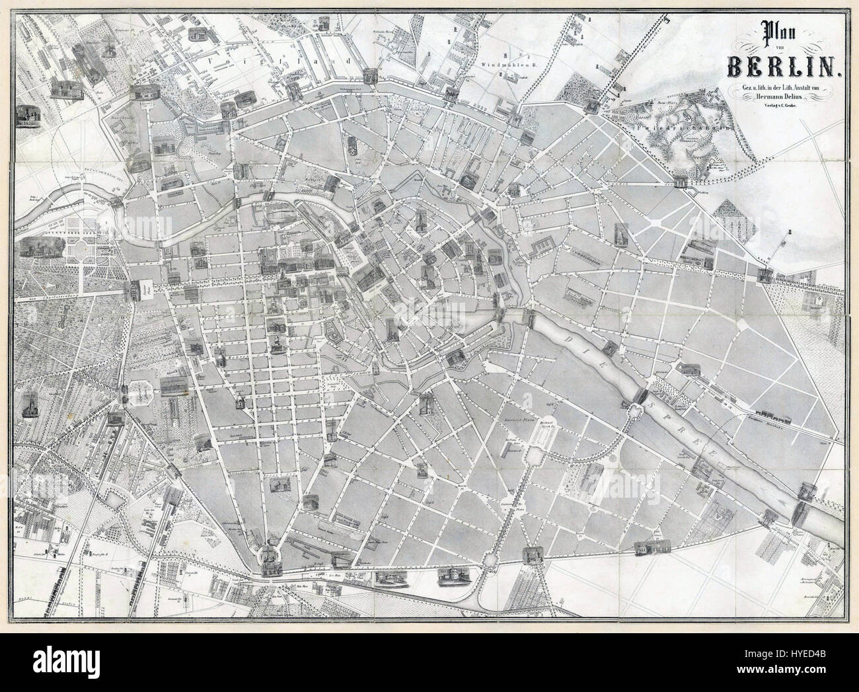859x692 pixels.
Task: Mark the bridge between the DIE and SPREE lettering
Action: pyautogui.click(x=639, y=395)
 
